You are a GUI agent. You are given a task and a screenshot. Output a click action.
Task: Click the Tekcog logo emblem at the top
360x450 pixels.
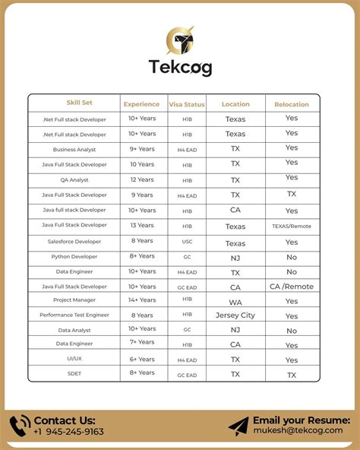click(x=180, y=40)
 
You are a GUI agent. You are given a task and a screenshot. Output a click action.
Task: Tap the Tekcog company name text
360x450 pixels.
click(x=180, y=67)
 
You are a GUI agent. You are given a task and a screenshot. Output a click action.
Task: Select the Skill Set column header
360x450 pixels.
click(x=78, y=103)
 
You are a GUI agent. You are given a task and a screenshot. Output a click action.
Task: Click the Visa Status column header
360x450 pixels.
click(x=186, y=104)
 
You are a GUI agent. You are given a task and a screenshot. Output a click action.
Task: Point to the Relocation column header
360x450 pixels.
click(x=292, y=104)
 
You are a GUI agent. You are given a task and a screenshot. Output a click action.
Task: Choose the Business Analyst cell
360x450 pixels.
click(x=74, y=149)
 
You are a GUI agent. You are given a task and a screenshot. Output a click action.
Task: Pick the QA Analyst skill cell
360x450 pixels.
click(x=74, y=179)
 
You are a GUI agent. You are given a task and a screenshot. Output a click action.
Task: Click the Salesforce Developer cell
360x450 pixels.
click(x=74, y=242)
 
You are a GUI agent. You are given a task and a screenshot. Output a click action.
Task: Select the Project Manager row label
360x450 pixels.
click(x=74, y=301)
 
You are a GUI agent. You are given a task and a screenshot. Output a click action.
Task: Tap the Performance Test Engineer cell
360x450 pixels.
click(x=74, y=315)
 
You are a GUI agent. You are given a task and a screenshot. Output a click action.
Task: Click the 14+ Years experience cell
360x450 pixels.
click(x=142, y=300)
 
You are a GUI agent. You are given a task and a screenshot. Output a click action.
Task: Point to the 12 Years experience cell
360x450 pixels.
click(x=142, y=179)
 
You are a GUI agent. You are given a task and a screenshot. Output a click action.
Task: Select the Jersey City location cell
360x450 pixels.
click(x=235, y=315)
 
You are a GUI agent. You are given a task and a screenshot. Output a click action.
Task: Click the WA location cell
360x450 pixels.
click(x=235, y=300)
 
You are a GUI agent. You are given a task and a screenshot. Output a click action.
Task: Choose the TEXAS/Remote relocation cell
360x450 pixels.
click(x=292, y=226)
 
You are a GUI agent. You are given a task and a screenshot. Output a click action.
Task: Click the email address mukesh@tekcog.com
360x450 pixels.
click(x=302, y=432)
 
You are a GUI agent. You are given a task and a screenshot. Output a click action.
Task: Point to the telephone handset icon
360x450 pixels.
click(x=20, y=426)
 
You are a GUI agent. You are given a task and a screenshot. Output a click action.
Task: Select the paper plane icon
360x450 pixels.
click(x=238, y=426)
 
